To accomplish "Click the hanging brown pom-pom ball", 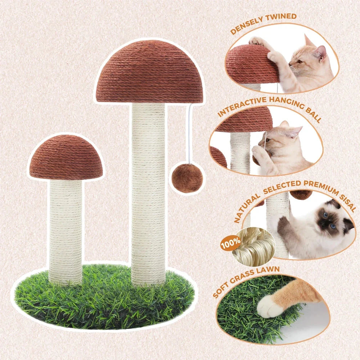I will [x=187, y=178].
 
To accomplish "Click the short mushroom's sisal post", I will [x=66, y=230].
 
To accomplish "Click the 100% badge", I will [x=230, y=244].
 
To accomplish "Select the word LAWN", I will [x=269, y=270].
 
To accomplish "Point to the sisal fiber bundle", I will [x=254, y=247].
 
